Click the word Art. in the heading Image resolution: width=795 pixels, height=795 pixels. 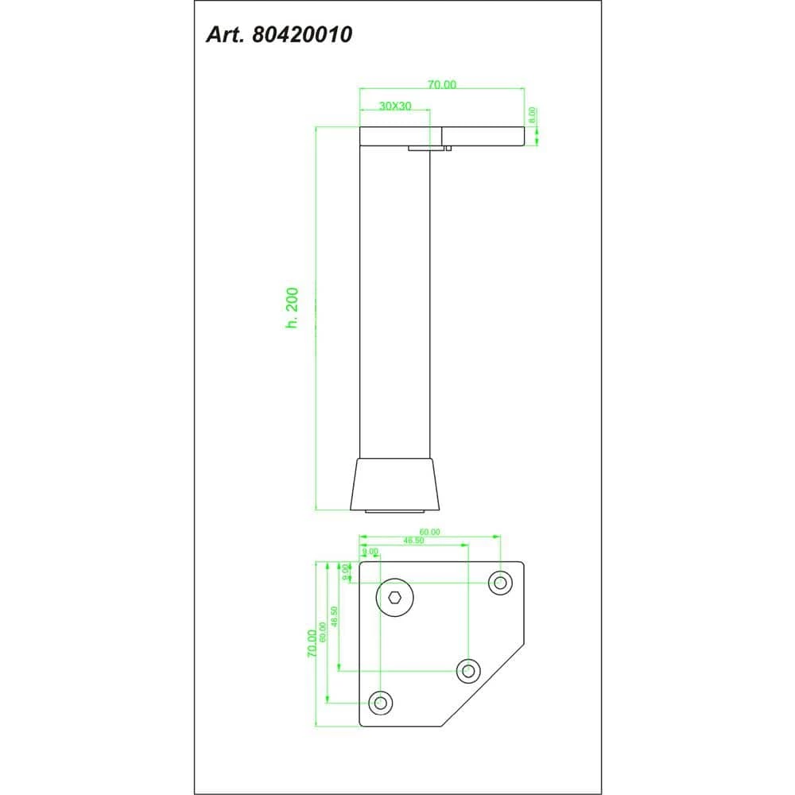coord(227,35)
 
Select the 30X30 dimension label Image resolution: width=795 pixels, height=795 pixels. coord(394,106)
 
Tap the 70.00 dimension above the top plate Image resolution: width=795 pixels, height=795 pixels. coord(442,85)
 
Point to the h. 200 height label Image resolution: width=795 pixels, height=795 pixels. coord(292,309)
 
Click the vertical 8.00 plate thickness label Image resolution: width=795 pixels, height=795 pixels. coord(533,114)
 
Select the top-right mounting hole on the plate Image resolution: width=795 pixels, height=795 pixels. coord(500,583)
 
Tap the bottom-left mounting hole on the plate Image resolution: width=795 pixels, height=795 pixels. coord(381,702)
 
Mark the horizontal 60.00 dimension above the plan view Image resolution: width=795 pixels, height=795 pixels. coord(429,532)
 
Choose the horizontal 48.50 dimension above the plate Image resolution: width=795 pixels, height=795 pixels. coord(413,541)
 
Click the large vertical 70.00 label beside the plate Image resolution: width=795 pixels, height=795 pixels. coord(312,643)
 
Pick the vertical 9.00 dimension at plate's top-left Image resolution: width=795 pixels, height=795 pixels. coord(346,570)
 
